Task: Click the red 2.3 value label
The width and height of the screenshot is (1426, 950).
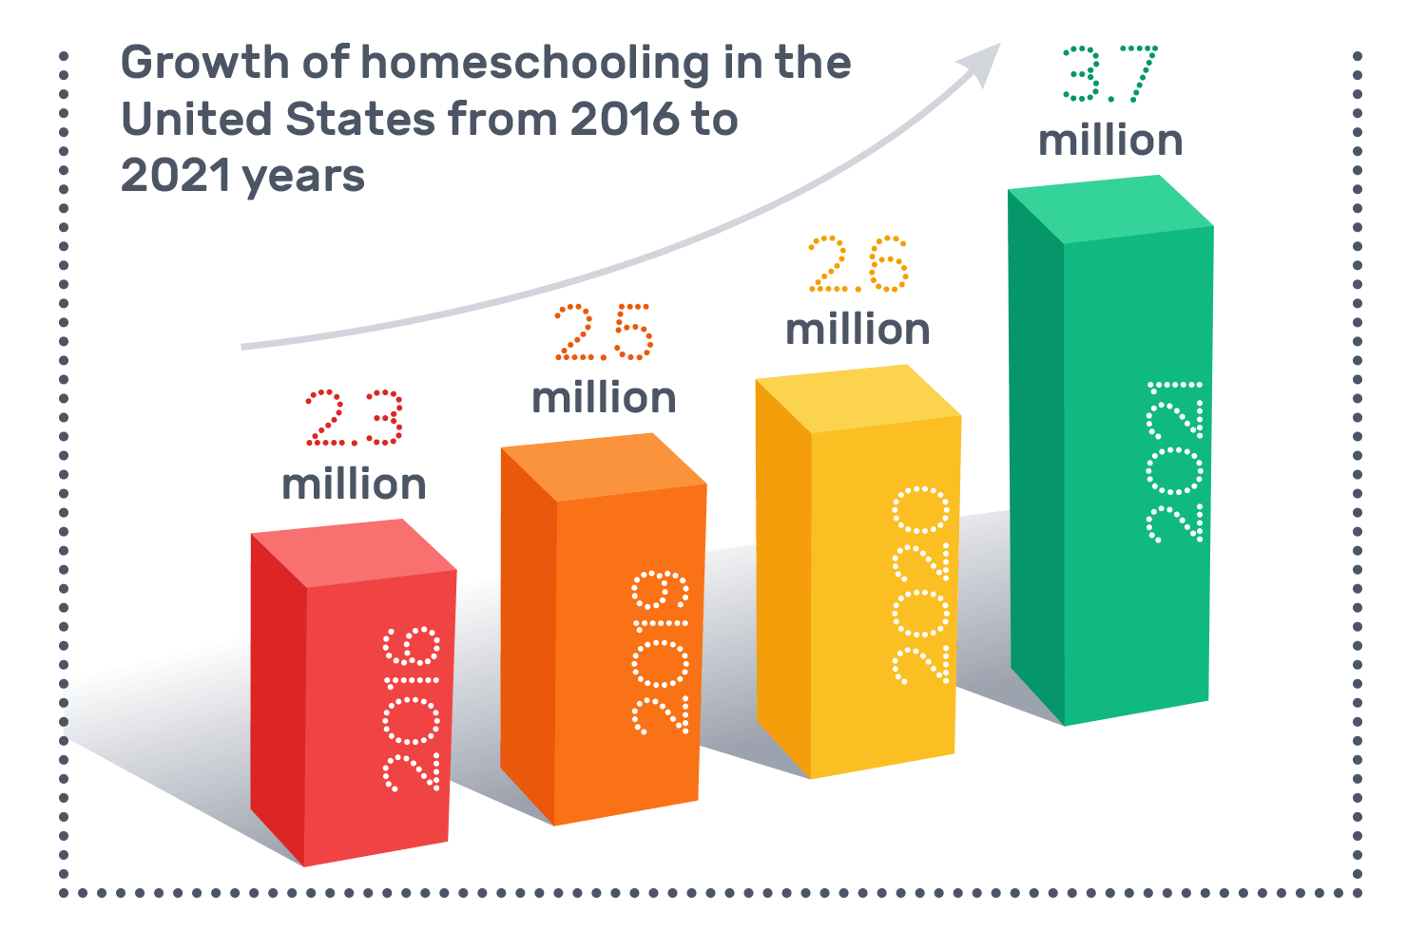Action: coord(354,418)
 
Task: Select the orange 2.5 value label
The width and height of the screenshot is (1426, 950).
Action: coord(604,332)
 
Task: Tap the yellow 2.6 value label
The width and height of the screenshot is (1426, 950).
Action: coord(858,264)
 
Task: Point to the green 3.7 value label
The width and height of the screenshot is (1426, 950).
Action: coord(1109,74)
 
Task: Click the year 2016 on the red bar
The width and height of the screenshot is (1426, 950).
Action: coord(412,709)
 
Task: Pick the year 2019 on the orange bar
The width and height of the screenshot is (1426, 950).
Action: coord(661,653)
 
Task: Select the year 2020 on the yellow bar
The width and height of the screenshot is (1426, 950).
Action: coord(920,585)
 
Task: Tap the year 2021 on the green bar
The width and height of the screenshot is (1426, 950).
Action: coord(1175,462)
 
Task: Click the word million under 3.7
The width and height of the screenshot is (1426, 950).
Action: coord(1110,141)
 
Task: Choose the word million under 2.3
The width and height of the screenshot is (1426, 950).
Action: coord(354,484)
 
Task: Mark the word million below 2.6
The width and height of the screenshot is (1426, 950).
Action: coord(858,330)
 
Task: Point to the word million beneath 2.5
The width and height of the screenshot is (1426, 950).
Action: coord(604,398)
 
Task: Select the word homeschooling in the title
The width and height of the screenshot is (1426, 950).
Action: coord(534,63)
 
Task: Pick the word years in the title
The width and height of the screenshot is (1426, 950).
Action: coord(304,178)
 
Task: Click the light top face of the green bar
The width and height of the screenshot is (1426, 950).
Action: coord(1110,209)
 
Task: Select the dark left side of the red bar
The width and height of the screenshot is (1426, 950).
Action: coord(278,698)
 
